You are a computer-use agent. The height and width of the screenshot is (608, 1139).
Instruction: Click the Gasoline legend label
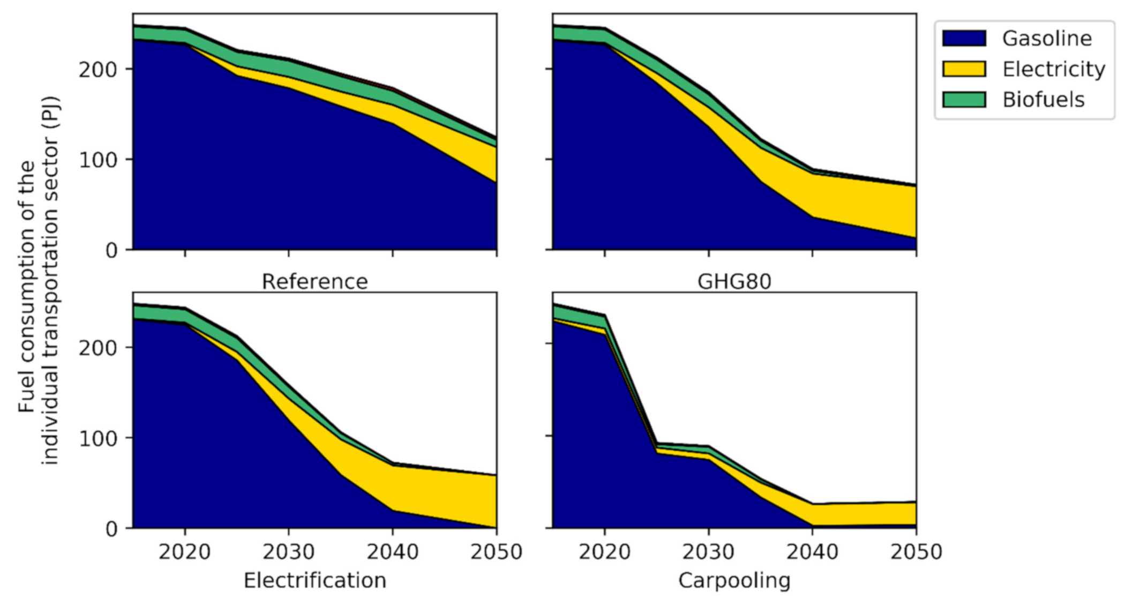click(x=1046, y=39)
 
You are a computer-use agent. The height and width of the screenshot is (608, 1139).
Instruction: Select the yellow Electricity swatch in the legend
click(x=964, y=69)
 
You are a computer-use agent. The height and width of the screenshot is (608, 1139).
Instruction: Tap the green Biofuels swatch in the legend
click(x=964, y=100)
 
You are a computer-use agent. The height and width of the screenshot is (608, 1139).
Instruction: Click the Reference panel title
click(x=314, y=282)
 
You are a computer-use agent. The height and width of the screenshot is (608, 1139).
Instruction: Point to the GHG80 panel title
click(x=734, y=282)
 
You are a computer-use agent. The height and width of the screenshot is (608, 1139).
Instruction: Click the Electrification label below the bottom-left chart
click(x=314, y=581)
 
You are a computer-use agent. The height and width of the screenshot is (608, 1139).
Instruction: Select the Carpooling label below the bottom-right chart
click(x=734, y=581)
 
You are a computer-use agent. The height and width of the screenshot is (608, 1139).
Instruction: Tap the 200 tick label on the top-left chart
click(x=98, y=70)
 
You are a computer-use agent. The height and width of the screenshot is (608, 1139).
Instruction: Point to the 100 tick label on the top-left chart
click(x=98, y=160)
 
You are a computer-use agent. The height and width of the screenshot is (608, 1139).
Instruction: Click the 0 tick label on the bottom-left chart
click(x=111, y=529)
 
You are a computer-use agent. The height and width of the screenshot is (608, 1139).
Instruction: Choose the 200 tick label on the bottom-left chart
click(x=98, y=348)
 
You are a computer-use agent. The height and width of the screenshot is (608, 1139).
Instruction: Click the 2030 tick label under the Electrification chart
click(x=289, y=552)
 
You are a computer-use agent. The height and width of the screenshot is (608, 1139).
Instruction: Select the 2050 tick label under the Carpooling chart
click(x=915, y=552)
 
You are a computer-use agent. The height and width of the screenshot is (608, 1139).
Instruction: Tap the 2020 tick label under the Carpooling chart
click(x=604, y=552)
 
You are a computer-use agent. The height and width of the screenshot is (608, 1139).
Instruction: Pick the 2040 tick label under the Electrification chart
click(x=392, y=552)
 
